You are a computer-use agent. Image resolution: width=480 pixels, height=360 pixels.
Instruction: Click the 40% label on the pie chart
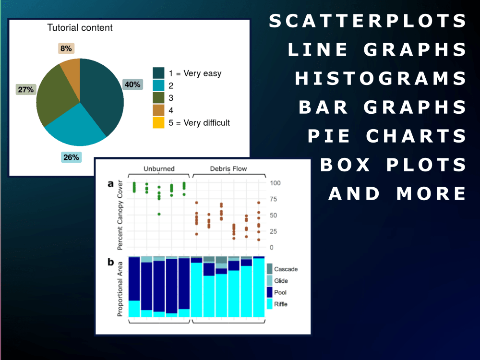pos(132,84)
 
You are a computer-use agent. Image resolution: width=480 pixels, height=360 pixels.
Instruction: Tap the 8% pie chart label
pos(66,48)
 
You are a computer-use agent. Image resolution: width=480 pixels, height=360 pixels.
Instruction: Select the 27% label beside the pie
pos(26,89)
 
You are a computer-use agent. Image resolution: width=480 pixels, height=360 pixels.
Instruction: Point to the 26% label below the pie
pos(71,157)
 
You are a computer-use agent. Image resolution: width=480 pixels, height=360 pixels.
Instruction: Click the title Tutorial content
pos(80,28)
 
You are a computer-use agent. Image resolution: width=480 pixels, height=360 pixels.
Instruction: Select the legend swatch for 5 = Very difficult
pos(159,123)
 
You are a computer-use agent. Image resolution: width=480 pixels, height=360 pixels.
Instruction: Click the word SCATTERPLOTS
pos(368,21)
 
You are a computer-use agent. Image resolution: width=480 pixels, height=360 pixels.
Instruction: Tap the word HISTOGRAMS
pos(381,78)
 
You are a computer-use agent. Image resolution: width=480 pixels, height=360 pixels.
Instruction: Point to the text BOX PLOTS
pos(393,165)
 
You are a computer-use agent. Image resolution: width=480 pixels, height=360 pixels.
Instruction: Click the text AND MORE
pos(397,193)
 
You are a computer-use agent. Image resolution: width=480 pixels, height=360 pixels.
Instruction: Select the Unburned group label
pos(159,168)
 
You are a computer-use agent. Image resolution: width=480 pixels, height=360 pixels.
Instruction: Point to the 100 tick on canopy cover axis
pos(275,183)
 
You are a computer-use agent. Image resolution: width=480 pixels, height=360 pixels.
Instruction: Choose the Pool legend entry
pos(280,292)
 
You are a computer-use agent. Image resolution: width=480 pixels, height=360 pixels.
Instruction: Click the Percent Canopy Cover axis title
pos(120,215)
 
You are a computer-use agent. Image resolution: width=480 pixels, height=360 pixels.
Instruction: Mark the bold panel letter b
pos(111,262)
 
